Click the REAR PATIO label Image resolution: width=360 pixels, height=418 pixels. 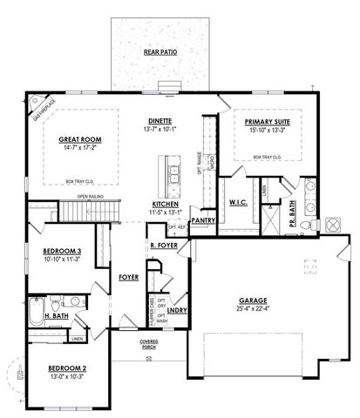[x=160, y=53]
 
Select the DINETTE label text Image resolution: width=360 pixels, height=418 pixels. [x=160, y=121]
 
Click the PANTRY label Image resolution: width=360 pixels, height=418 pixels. [x=203, y=221]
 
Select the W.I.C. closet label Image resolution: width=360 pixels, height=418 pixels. [x=240, y=204]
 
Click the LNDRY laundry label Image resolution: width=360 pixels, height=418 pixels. [x=175, y=309]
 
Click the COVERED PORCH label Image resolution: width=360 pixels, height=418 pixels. [x=149, y=344]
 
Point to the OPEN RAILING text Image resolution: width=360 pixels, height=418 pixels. [x=92, y=197]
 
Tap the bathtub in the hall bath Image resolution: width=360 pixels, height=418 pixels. [x=36, y=311]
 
